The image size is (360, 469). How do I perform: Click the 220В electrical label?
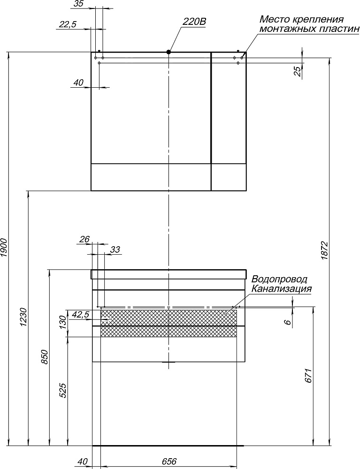tap(194, 22)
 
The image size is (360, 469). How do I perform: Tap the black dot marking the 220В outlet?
tap(169, 52)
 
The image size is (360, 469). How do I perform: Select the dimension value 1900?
tap(4, 248)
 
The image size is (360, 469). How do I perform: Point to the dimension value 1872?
tap(325, 250)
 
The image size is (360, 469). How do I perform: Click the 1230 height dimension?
tap(24, 317)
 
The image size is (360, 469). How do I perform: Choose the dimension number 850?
tap(45, 356)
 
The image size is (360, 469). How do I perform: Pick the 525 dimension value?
tap(63, 391)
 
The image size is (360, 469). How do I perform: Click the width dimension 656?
tap(169, 461)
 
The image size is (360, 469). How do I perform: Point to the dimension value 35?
tap(78, 4)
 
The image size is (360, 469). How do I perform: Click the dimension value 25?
tap(297, 71)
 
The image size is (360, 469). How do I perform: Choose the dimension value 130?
tap(62, 322)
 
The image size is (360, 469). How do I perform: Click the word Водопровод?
tap(279, 280)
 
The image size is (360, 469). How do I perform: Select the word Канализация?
tap(282, 289)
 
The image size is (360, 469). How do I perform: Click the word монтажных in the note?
tap(288, 29)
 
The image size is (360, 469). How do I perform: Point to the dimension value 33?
tap(115, 249)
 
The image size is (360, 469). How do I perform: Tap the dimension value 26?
tap(84, 239)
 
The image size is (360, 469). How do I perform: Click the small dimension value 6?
tap(288, 322)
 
